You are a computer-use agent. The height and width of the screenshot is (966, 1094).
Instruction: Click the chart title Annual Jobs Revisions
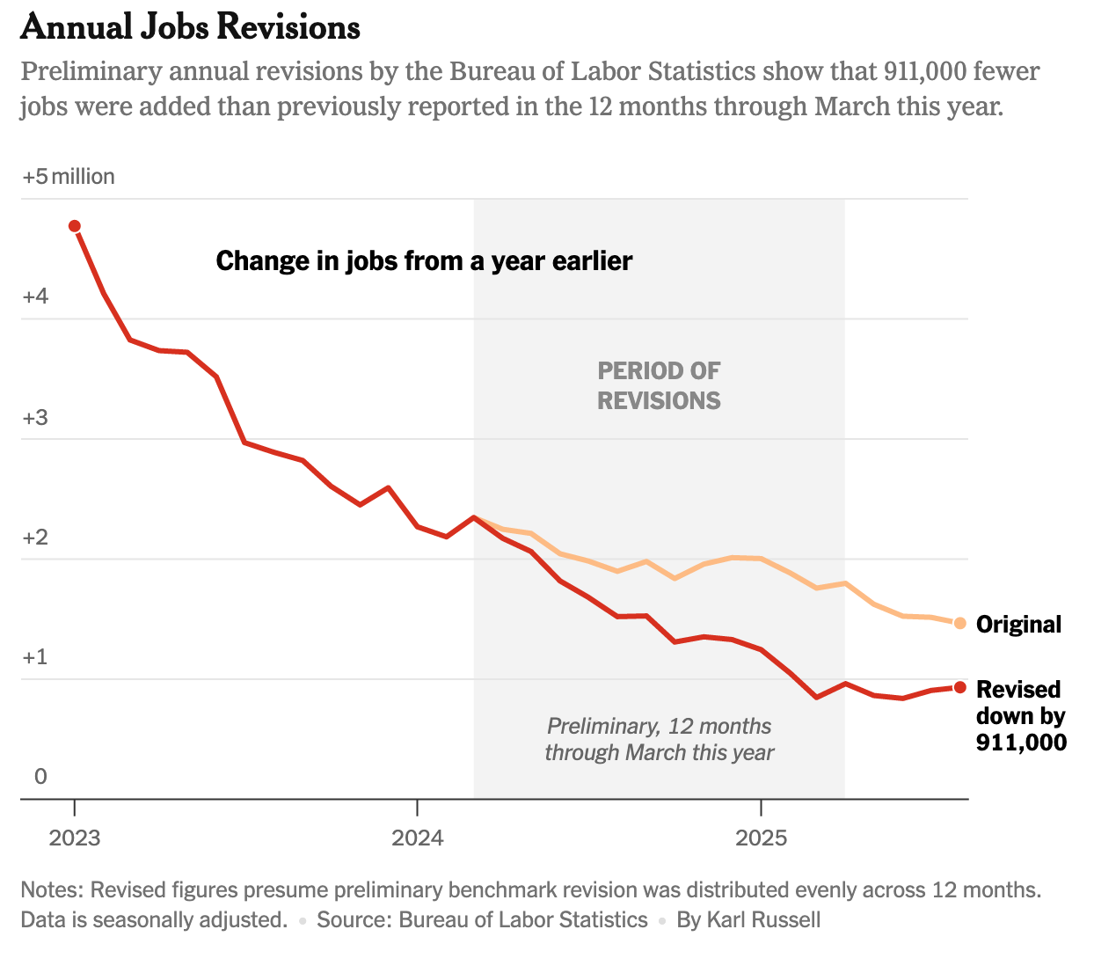click(190, 27)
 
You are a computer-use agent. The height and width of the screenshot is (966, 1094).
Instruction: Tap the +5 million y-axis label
click(69, 177)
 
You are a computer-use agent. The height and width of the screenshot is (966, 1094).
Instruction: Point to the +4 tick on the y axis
click(35, 297)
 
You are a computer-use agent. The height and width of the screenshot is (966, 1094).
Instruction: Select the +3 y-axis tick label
click(35, 418)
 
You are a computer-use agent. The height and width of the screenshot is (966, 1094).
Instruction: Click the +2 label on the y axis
click(35, 538)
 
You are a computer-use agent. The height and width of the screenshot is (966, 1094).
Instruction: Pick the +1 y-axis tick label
click(35, 658)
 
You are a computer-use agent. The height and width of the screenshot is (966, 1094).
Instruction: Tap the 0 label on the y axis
click(40, 777)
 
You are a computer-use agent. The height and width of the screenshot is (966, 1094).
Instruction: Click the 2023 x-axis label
click(75, 837)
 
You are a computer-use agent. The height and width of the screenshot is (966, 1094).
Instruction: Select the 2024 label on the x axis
click(418, 837)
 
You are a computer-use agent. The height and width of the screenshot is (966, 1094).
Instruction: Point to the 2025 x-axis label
click(761, 837)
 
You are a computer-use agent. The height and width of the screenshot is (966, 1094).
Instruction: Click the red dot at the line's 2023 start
click(75, 226)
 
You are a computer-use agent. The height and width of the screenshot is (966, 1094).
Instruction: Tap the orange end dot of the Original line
click(959, 624)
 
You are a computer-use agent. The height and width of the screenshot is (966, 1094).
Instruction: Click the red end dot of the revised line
click(959, 687)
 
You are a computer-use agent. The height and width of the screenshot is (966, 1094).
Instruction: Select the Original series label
click(1019, 625)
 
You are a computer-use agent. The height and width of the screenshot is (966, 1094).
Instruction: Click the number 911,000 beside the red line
click(1021, 743)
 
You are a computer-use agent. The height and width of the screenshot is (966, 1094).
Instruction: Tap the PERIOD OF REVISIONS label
click(659, 386)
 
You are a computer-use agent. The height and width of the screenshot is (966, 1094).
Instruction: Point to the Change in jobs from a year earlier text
click(424, 261)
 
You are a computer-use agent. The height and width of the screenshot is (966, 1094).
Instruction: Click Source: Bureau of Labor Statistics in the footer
click(482, 920)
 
